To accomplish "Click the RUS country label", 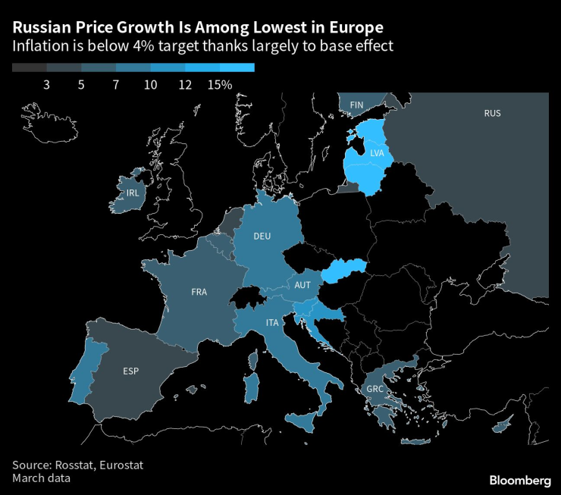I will point(492,114).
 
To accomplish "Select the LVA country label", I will point(377,153).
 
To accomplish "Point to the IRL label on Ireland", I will point(133,193).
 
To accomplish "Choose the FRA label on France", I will point(199,291).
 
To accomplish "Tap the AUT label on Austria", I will point(302,285).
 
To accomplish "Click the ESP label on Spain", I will point(131,371).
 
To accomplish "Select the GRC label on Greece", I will point(375,389).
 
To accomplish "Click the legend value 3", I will point(46,85).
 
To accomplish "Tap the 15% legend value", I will point(219,85).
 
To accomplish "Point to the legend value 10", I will point(150,85).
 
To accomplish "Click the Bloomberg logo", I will point(519,480).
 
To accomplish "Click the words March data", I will point(42,478).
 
